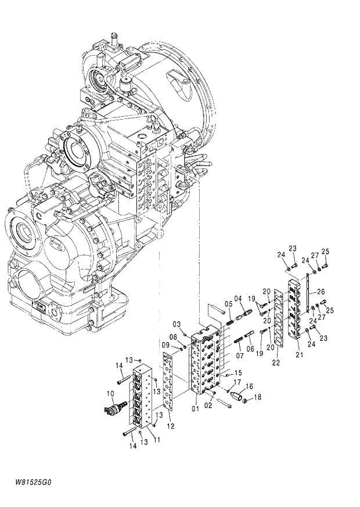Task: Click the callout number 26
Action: [321, 292]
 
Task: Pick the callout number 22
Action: [276, 362]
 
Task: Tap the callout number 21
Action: [300, 354]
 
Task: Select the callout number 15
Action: [237, 373]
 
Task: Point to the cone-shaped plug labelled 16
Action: [236, 394]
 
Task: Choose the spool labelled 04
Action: [243, 317]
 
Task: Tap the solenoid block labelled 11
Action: [142, 395]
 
